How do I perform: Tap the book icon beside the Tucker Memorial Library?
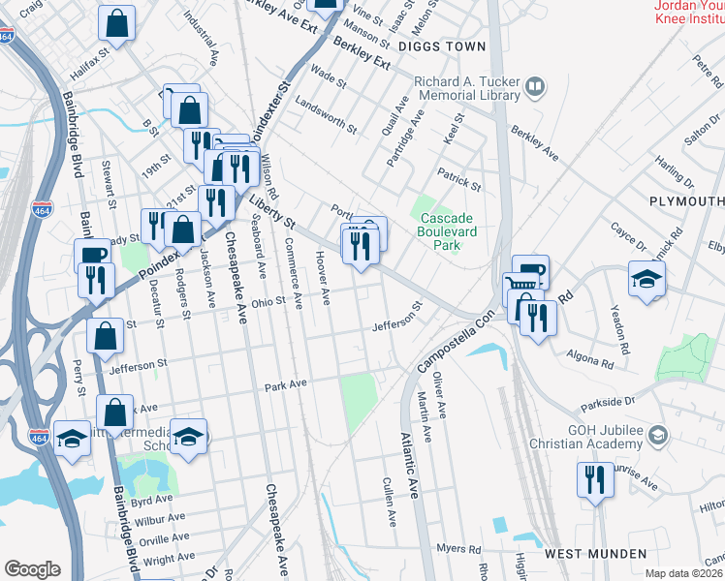534,89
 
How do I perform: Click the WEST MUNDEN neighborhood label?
595,554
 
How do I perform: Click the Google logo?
32,569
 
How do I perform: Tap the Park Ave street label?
286,385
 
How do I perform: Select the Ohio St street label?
268,301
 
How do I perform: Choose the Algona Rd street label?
593,359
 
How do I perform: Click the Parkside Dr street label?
608,400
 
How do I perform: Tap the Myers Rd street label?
452,548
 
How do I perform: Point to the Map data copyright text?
684,573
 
